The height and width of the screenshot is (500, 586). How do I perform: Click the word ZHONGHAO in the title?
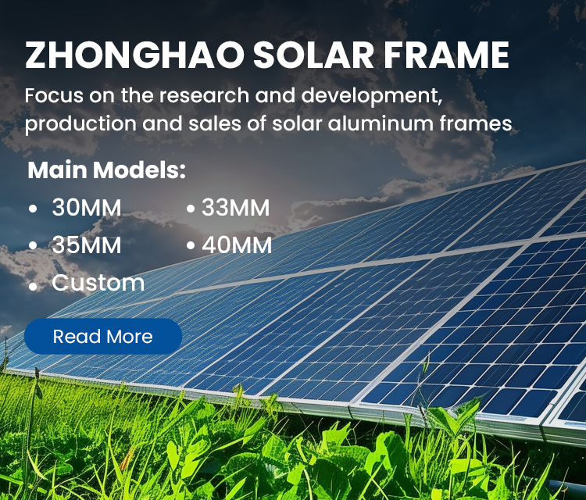pyautogui.click(x=134, y=55)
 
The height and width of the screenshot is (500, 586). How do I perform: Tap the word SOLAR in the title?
pyautogui.click(x=313, y=55)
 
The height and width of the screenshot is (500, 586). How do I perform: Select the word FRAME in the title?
pyautogui.click(x=446, y=55)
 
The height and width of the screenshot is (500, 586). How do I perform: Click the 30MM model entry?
pyautogui.click(x=87, y=207)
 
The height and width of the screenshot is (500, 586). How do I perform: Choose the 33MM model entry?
pyautogui.click(x=235, y=207)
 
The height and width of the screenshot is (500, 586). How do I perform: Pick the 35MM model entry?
pyautogui.click(x=87, y=245)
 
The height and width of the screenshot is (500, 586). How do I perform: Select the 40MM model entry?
pyautogui.click(x=237, y=245)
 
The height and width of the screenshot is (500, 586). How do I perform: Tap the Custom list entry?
pyautogui.click(x=98, y=283)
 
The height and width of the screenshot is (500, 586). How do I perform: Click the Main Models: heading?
pyautogui.click(x=106, y=170)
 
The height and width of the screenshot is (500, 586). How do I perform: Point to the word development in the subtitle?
pyautogui.click(x=371, y=96)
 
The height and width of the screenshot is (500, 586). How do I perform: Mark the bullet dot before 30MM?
pyautogui.click(x=33, y=209)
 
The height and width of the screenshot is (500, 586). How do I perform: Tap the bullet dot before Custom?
pyautogui.click(x=33, y=287)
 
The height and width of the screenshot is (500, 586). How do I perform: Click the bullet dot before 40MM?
pyautogui.click(x=191, y=246)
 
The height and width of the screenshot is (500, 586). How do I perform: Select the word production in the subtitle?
pyautogui.click(x=80, y=124)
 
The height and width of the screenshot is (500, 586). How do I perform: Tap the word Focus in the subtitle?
pyautogui.click(x=54, y=96)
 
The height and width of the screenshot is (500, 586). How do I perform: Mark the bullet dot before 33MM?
pyautogui.click(x=191, y=209)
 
